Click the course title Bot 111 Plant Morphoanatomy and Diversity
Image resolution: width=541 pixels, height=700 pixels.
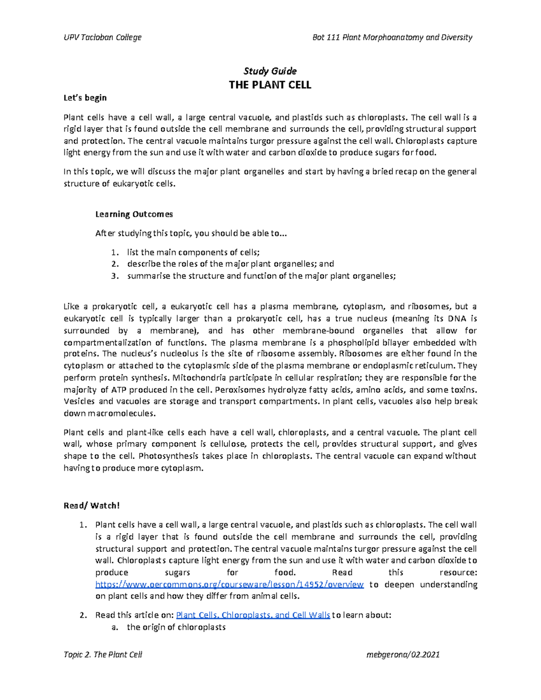point(392,37)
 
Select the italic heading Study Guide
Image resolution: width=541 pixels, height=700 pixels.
point(270,71)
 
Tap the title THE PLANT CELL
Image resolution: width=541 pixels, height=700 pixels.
point(270,85)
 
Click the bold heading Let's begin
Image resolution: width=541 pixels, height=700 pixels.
point(85,98)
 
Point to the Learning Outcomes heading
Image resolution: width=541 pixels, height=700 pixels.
point(134,214)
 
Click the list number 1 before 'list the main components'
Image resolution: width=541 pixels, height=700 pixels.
point(114,252)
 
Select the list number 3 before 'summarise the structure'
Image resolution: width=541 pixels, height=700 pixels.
point(114,276)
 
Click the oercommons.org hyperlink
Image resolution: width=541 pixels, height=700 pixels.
point(229,585)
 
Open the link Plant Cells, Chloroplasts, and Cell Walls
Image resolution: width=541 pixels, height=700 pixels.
point(252,615)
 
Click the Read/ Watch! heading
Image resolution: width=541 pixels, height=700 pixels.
point(92,505)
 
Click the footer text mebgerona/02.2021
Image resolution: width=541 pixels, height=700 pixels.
point(404,654)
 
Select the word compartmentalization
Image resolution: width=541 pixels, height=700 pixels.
point(107,342)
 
